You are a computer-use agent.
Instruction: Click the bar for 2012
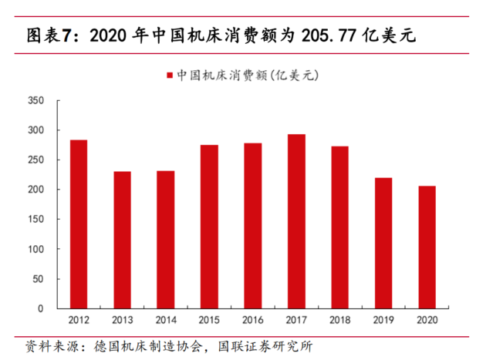(x=79, y=224)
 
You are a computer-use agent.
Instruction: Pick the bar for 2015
(x=210, y=227)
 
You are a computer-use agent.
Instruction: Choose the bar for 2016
(x=253, y=226)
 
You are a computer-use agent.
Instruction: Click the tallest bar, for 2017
(x=297, y=221)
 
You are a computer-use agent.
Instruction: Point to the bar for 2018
(x=340, y=227)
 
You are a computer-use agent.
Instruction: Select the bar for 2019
(x=384, y=244)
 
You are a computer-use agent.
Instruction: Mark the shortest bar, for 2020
(x=427, y=247)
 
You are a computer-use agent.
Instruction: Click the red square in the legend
(x=169, y=76)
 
